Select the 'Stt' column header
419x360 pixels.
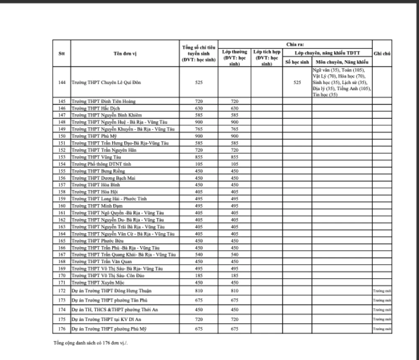(61, 54)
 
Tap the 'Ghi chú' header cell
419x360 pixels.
(382, 53)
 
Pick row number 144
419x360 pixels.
(61, 82)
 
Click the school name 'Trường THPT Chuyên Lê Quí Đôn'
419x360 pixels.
(106, 82)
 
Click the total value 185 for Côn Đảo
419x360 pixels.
(199, 275)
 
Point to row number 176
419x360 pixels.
(61, 329)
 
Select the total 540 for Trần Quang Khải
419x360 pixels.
(199, 255)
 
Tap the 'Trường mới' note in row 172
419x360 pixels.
(382, 291)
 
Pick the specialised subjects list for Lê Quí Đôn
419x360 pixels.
(341, 82)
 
